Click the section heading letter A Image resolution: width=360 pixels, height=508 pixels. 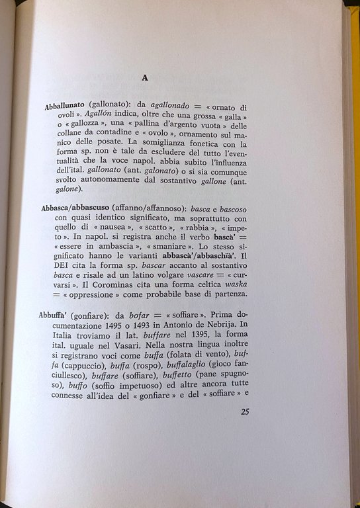click(144, 78)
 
